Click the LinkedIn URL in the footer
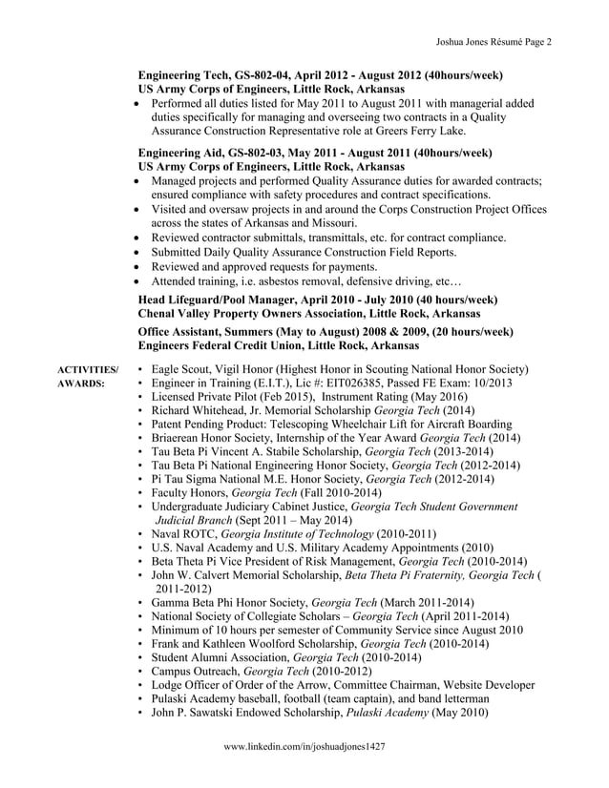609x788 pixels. coord(304,748)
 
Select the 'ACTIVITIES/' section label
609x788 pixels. coord(89,369)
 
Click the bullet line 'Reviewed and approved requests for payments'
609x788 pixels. coord(263,267)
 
